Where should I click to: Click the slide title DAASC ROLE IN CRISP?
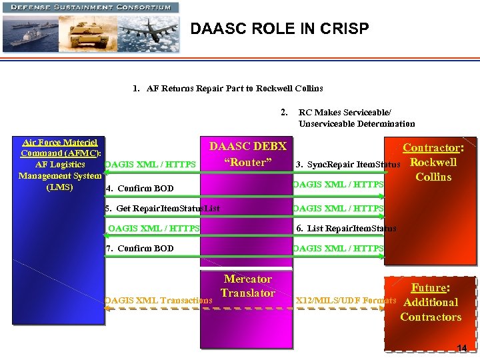[x=279, y=29]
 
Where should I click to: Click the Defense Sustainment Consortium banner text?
[x=91, y=7]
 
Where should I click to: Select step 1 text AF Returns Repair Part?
[x=227, y=88]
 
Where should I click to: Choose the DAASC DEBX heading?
[x=247, y=147]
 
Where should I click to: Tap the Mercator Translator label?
[x=247, y=286]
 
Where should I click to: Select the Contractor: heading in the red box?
[x=433, y=148]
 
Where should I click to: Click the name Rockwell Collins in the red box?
[x=433, y=169]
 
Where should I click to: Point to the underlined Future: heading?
[x=430, y=288]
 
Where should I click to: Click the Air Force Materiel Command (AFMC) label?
[x=60, y=147]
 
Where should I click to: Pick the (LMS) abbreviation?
[x=60, y=187]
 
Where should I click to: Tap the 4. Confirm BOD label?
[x=140, y=188]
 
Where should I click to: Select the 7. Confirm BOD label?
[x=140, y=248]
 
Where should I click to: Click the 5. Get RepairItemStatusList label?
[x=163, y=209]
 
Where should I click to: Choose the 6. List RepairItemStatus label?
[x=346, y=228]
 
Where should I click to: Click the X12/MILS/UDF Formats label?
[x=345, y=300]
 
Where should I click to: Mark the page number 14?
[x=462, y=348]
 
